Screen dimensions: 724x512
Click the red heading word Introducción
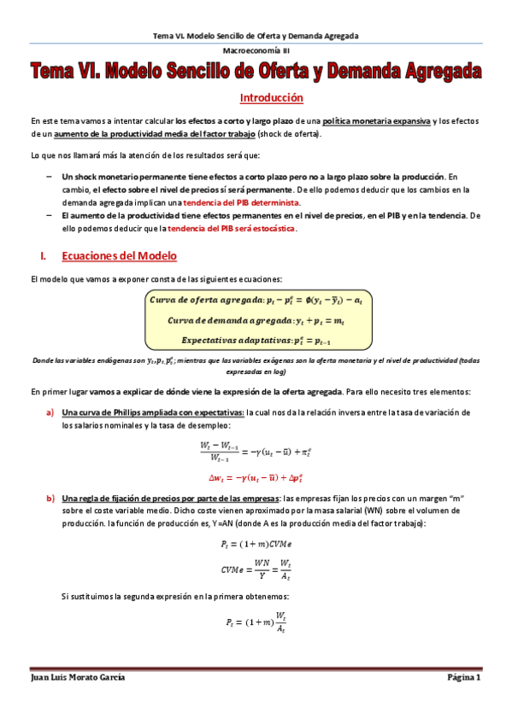(271, 97)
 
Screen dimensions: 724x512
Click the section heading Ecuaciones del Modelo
(119, 255)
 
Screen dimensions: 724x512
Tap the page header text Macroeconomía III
(256, 51)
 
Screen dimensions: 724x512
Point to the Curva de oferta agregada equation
(255, 301)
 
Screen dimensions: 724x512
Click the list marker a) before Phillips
(50, 413)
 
